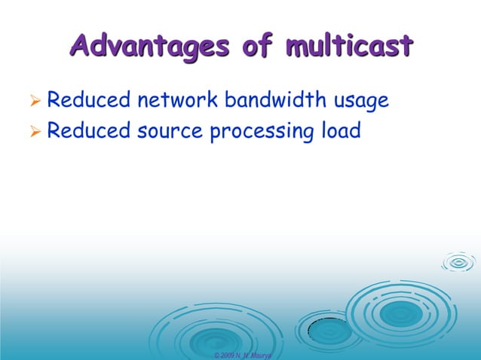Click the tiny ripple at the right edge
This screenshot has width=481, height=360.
pos(458,262)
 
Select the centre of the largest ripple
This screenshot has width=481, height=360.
pos(398,312)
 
